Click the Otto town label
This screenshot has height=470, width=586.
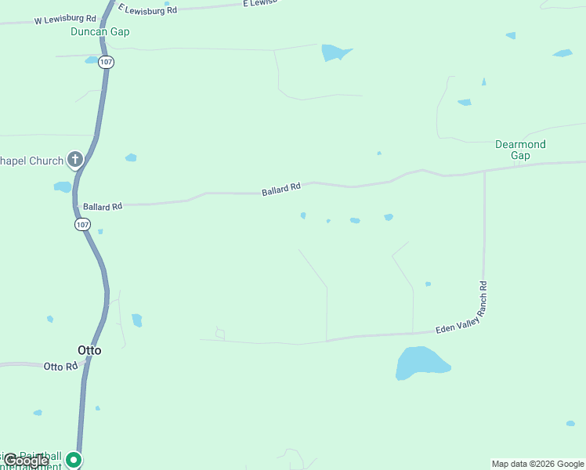(89, 350)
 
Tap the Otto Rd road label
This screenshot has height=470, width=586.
(60, 367)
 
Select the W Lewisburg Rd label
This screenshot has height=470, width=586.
(65, 19)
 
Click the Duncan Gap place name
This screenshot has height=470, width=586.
(99, 32)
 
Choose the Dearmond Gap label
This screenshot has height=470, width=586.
(520, 150)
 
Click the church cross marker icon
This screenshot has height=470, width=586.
(75, 161)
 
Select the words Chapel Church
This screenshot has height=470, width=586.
(31, 161)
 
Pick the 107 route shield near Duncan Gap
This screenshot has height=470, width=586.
(106, 62)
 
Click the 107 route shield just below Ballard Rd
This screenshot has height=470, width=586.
(83, 225)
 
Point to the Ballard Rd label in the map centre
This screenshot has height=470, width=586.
(281, 189)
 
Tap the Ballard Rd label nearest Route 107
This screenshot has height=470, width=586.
(103, 207)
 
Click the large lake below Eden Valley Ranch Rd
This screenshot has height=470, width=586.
(421, 363)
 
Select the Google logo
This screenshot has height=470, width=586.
(26, 461)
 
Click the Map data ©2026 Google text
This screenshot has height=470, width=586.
(538, 464)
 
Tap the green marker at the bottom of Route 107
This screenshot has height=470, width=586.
(74, 460)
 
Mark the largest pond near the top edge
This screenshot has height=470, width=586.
(336, 52)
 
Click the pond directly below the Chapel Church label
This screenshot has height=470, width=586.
(62, 187)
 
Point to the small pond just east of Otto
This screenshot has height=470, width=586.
(137, 320)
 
